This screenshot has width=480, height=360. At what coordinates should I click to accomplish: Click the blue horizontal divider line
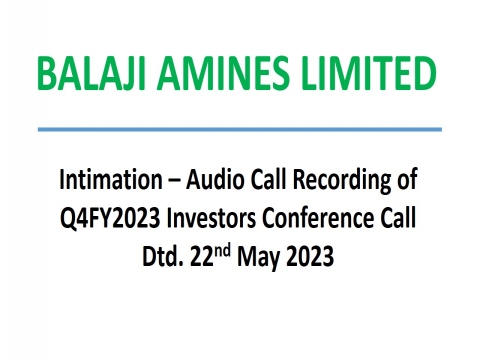240,129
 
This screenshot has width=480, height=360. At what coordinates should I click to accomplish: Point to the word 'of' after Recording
404,182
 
